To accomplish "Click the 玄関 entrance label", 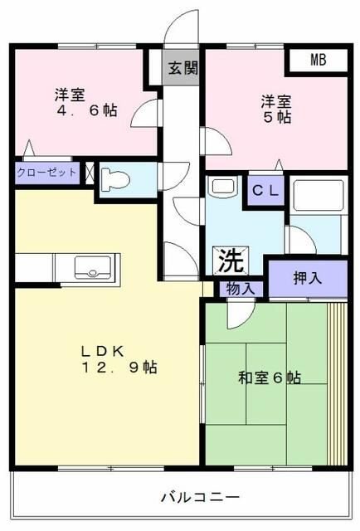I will pyautogui.click(x=182, y=69).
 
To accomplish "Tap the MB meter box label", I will pyautogui.click(x=319, y=60).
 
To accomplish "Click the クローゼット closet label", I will pyautogui.click(x=46, y=173).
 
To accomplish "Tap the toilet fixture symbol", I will pyautogui.click(x=117, y=179).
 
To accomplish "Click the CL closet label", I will pyautogui.click(x=265, y=191).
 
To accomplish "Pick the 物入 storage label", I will pyautogui.click(x=240, y=289).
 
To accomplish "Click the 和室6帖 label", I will pyautogui.click(x=270, y=378).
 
